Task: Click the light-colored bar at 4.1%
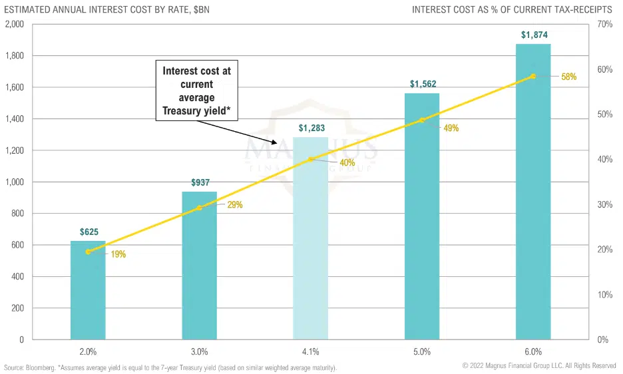click(x=311, y=266)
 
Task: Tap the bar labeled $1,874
click(x=533, y=200)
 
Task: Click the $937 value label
click(x=199, y=183)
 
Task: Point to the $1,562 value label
click(x=422, y=85)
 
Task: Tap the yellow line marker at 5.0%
click(x=422, y=120)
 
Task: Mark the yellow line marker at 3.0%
click(x=199, y=208)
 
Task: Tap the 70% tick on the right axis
click(x=604, y=25)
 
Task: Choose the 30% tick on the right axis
click(x=604, y=204)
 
